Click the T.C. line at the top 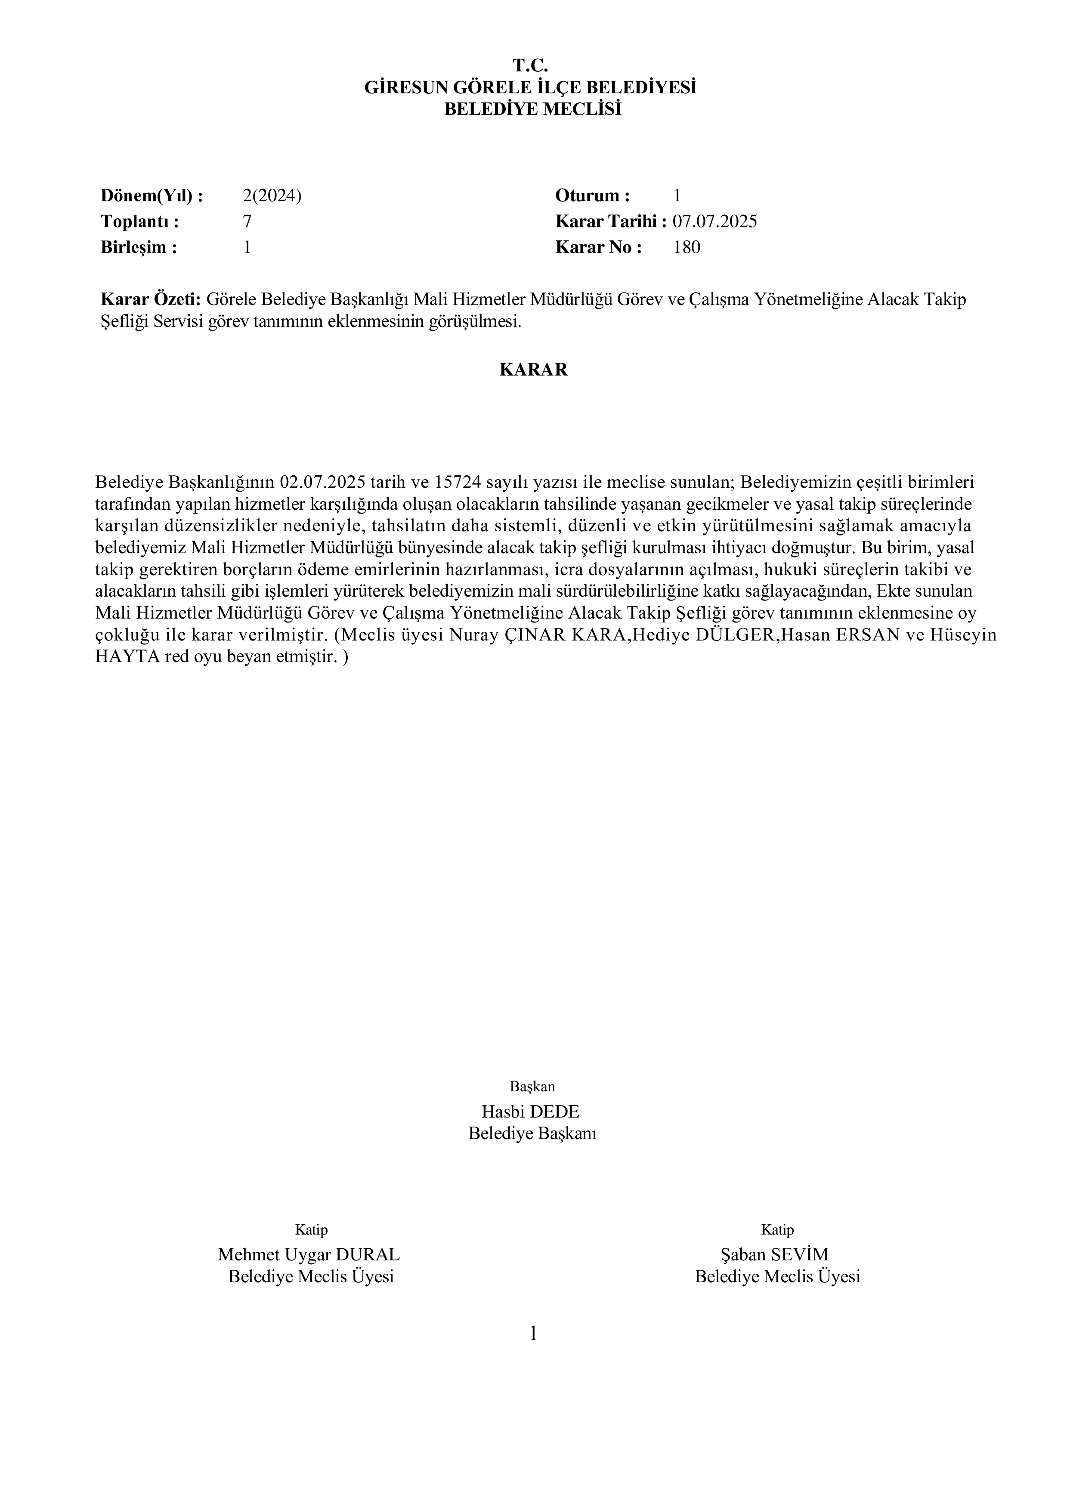coord(531,66)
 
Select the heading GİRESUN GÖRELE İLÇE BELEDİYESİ coord(531,87)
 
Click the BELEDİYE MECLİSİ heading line coord(532,109)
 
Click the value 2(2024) coord(272,195)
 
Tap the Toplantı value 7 coord(247,222)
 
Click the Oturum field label coord(592,195)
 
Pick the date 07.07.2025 coord(714,222)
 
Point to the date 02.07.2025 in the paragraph coord(323,482)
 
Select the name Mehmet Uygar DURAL coord(309,1255)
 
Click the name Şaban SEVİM coord(774,1255)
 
